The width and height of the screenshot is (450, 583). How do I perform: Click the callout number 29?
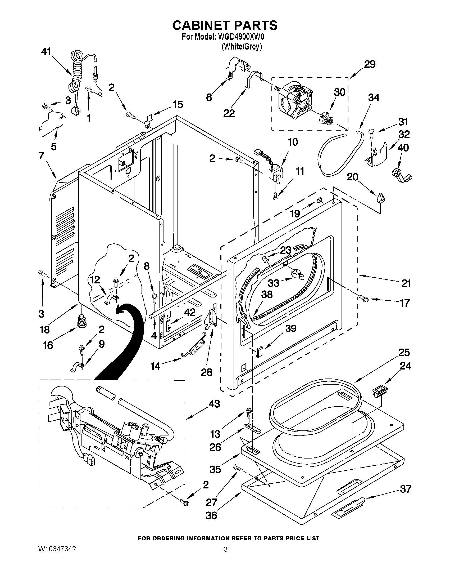(x=370, y=64)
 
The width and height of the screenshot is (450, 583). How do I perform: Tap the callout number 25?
(x=404, y=353)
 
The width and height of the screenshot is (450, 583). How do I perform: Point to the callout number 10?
(x=293, y=142)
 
